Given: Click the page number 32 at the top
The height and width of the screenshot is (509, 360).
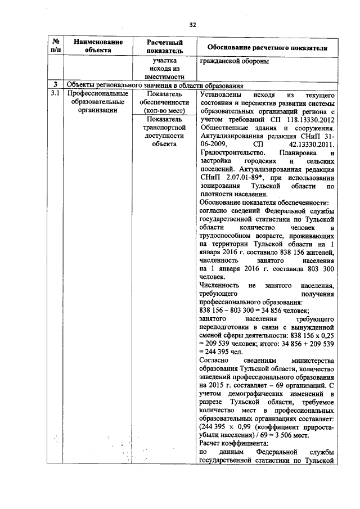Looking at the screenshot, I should (x=192, y=25).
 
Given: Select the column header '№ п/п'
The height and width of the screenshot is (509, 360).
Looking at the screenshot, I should (x=56, y=46).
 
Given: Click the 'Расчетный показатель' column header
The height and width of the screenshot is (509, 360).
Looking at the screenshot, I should (x=164, y=46).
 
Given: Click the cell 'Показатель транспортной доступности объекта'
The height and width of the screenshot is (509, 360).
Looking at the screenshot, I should (x=164, y=131).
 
